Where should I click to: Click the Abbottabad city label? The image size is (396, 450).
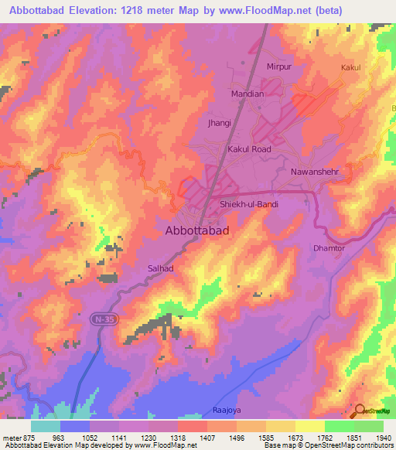pos(197,230)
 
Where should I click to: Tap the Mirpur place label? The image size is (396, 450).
pos(282,67)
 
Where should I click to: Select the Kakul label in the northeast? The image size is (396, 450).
pos(351,68)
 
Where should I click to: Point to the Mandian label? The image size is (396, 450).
pos(247,94)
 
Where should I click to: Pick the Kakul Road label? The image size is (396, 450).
pos(248,148)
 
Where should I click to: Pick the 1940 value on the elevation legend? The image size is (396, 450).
pos(382,438)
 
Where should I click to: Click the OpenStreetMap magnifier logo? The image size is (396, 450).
pos(360,411)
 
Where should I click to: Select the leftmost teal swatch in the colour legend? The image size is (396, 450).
pos(46,426)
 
